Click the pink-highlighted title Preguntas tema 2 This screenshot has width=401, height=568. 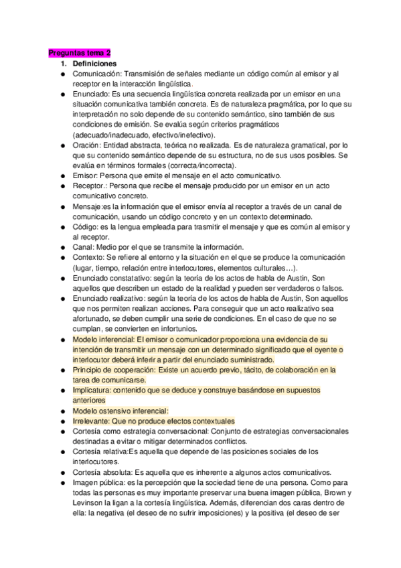pyautogui.click(x=80, y=53)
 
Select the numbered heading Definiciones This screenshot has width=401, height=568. pyautogui.click(x=94, y=63)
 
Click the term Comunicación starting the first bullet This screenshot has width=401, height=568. pyautogui.click(x=96, y=74)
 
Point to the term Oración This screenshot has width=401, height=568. pyautogui.click(x=86, y=145)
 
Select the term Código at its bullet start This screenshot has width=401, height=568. pyautogui.click(x=86, y=227)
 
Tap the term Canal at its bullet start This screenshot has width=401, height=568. pyautogui.click(x=84, y=247)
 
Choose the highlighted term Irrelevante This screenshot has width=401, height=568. pyautogui.click(x=91, y=421)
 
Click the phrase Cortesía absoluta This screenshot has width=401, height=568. pyautogui.click(x=101, y=472)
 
